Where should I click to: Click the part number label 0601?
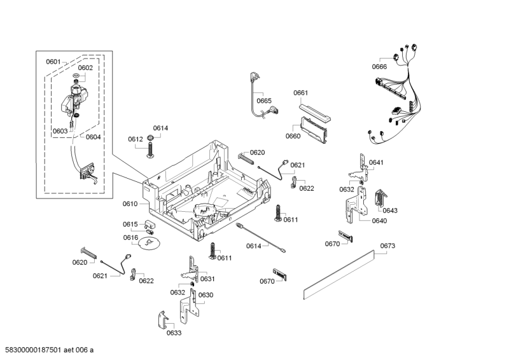coord(53,62)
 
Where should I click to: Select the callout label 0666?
coord(380,67)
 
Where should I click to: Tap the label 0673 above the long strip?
coord(388,246)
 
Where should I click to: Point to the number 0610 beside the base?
coord(130,204)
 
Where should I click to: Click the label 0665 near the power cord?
coord(264,100)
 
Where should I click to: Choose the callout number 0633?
coord(174,333)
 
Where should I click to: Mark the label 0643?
coord(390,211)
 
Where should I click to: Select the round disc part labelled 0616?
coord(150,244)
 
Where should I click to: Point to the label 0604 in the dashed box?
coord(93,137)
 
